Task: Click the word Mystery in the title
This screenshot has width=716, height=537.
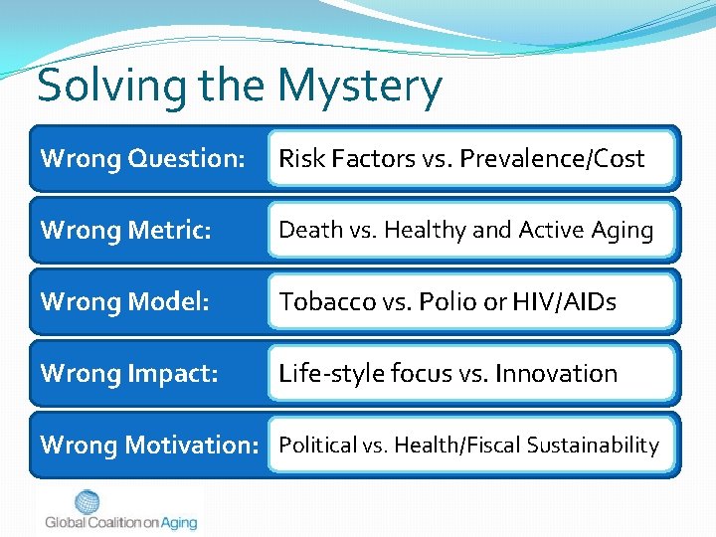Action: click(360, 87)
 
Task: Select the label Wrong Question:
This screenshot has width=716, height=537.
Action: click(142, 158)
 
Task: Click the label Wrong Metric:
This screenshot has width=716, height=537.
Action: click(126, 230)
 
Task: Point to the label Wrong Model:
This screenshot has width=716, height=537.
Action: click(124, 301)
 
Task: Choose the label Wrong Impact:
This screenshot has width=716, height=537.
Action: click(129, 373)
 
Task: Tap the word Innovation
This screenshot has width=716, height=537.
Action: click(556, 373)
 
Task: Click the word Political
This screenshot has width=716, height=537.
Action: click(317, 445)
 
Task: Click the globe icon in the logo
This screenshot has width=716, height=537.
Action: click(88, 503)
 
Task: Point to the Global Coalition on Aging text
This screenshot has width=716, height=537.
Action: click(120, 523)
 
